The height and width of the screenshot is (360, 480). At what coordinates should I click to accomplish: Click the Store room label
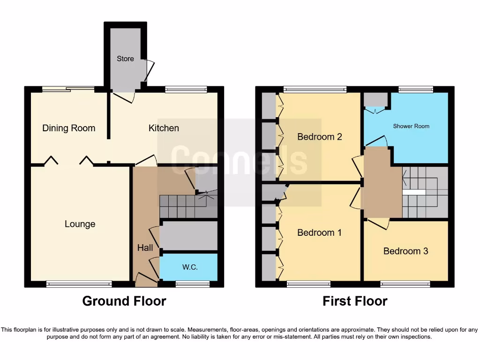pos(125,59)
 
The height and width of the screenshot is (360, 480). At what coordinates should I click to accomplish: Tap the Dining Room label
pos(68,128)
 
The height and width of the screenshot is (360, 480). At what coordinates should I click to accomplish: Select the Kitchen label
pos(164,128)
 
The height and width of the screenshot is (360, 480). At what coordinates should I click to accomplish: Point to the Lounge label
pos(80,224)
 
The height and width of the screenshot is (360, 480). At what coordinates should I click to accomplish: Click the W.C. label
pos(190,267)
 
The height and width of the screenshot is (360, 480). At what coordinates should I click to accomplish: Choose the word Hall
pos(145,247)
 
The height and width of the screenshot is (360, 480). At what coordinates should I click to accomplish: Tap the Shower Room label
pos(411,126)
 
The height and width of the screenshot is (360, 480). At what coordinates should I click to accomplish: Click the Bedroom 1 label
pos(320,232)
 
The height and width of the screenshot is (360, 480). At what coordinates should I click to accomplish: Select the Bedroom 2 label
pos(320,137)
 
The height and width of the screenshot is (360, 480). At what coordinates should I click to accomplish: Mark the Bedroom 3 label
pos(405,251)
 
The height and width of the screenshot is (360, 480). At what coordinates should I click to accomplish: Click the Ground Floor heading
pos(124,301)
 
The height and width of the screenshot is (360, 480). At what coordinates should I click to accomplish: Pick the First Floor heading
pos(355,301)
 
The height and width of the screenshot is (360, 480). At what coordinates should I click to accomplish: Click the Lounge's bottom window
pos(79,284)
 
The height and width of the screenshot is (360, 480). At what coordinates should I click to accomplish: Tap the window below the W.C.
pos(193,284)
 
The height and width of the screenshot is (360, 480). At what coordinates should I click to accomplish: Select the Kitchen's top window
pos(186,89)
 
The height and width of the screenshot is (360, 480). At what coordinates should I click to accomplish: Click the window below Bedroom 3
pos(405,284)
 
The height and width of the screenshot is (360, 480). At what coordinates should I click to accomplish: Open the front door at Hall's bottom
pos(146,281)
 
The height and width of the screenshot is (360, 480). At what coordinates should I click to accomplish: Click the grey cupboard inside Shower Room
pos(376,99)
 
